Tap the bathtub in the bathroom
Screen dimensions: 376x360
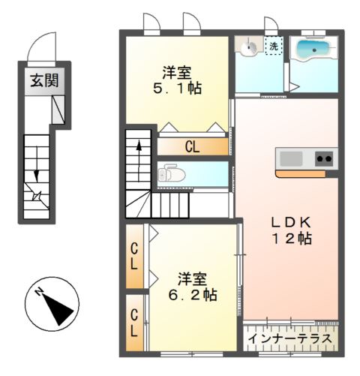(314, 51)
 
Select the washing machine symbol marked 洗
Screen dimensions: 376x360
(274, 47)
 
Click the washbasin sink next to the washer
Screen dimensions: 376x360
(248, 47)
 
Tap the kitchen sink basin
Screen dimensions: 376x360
(289, 159)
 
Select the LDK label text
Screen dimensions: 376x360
(290, 223)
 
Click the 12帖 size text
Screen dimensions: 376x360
(290, 239)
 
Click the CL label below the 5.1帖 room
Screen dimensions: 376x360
(193, 146)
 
